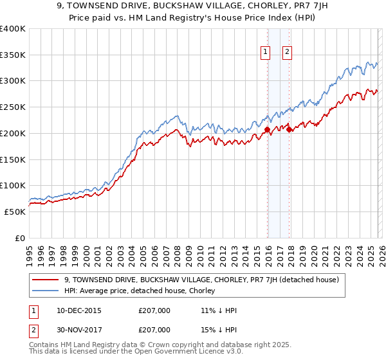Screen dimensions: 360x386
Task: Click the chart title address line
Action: [193, 7]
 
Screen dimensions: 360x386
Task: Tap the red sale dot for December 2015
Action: [267, 130]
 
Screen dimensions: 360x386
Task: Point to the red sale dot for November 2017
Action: [289, 130]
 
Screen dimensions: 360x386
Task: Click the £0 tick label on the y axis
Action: [19, 238]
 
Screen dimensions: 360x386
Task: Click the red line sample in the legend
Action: [46, 280]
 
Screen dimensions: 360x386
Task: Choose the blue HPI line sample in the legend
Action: [46, 291]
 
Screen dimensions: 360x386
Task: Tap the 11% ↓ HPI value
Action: [219, 310]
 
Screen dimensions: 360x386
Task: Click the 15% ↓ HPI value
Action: [219, 330]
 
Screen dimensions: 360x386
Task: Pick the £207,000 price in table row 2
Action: [154, 330]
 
